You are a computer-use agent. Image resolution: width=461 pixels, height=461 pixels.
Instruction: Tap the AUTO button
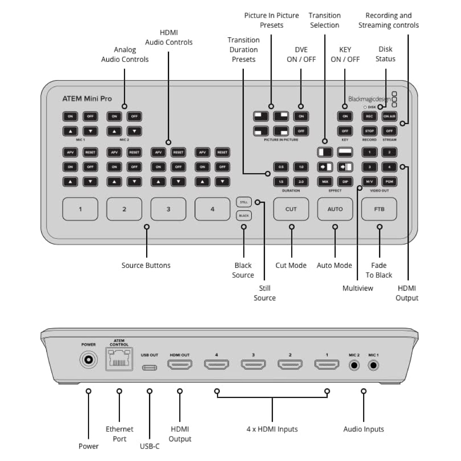pos(335,209)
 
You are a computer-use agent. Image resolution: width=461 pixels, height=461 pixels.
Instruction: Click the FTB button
pos(379,209)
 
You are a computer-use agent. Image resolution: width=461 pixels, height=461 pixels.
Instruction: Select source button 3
pos(168,209)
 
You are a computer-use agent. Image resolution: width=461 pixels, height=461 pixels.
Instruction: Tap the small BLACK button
pos(244,215)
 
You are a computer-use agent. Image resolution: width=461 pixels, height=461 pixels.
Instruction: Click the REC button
pos(369,116)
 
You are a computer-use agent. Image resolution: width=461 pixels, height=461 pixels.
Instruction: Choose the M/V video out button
pos(369,181)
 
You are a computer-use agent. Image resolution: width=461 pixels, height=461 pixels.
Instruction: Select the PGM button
pos(390,181)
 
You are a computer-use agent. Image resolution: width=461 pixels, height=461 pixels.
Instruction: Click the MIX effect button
pos(325,181)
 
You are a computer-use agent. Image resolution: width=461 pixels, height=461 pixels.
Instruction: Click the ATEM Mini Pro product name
pos(87,99)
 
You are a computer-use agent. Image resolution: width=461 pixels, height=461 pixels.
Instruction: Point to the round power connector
pos(88,360)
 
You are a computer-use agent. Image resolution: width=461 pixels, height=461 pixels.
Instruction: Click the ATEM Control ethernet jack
pos(119,360)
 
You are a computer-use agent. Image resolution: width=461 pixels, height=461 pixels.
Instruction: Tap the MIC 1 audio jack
pos(373,365)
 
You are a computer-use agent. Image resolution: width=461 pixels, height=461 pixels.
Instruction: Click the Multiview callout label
pos(357,288)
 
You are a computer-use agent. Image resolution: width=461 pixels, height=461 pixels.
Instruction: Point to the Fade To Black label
pos(379,270)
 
